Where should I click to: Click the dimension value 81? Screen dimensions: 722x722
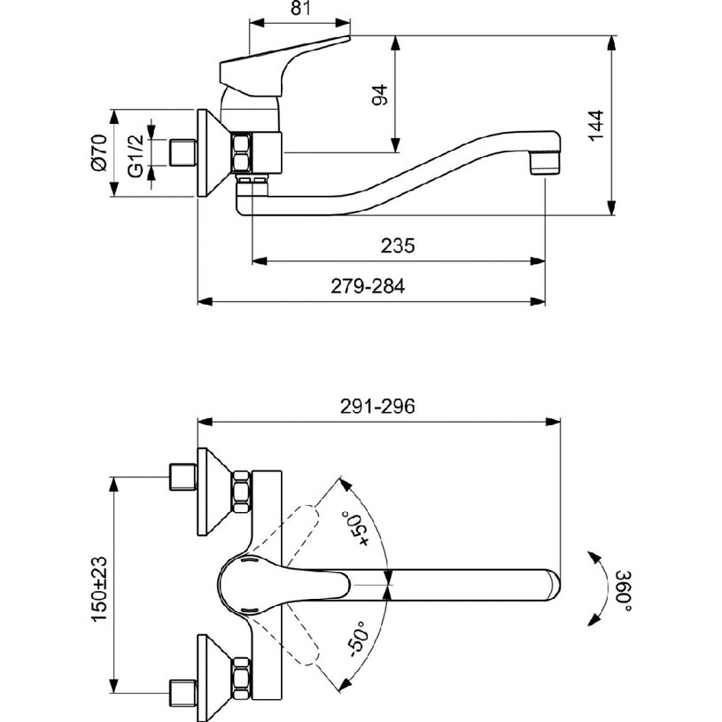(300, 8)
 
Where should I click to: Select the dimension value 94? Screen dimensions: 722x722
(380, 95)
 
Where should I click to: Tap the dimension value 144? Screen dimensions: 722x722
(596, 126)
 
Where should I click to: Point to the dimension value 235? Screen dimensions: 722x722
(398, 245)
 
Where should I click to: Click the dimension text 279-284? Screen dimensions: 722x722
(368, 286)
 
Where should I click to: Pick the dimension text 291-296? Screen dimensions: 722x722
(377, 406)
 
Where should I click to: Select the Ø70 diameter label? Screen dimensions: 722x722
(100, 153)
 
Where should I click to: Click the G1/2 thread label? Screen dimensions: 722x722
(136, 157)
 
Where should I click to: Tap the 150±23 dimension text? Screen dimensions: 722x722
(99, 590)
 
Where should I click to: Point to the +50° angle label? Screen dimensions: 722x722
(356, 528)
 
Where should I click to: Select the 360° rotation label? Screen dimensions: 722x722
(624, 592)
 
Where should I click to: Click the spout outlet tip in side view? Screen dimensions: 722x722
(545, 165)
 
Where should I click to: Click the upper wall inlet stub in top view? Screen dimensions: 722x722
(182, 477)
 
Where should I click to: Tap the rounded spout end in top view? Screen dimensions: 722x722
(553, 586)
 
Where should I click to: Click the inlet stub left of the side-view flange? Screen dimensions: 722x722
(182, 153)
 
